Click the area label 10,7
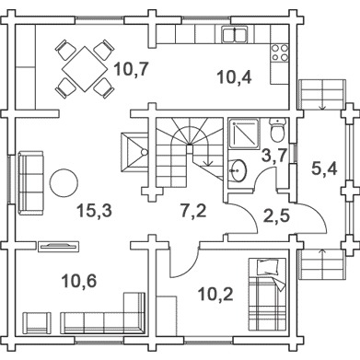pos(131,69)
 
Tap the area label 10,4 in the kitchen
pos(235,77)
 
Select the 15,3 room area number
pos(94,211)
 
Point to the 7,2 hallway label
pos(193,211)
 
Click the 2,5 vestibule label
pos(276,215)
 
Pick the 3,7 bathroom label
pos(273,155)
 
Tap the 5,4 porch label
pos(324,168)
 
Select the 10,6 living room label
pos(79,281)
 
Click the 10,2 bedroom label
pos(215,294)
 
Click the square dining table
pos(85,69)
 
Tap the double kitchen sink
pos(235,34)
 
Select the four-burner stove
pos(280,52)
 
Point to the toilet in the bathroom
pos(277,131)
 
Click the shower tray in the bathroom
pos(244,134)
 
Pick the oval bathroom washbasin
pos(238,170)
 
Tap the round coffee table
pos(64,183)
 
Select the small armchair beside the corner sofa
pos(37,322)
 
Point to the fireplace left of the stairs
pos(134,152)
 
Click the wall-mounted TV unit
pos(58,246)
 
